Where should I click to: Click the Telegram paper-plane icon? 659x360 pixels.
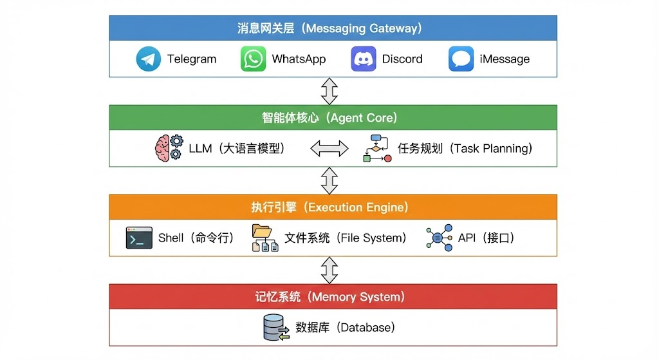tap(149, 59)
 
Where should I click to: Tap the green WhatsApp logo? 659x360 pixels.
tap(253, 59)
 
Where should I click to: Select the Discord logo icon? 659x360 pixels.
tap(363, 59)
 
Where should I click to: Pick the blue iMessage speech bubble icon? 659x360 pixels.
tap(461, 59)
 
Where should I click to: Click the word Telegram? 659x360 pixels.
tap(192, 59)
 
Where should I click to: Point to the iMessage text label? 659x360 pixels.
tap(505, 59)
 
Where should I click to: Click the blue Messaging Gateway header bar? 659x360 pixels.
tap(333, 28)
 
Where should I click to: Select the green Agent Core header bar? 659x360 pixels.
tap(333, 118)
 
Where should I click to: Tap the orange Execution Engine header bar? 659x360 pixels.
tap(333, 207)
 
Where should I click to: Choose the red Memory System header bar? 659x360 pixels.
tap(333, 297)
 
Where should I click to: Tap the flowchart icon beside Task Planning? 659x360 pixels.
tap(377, 148)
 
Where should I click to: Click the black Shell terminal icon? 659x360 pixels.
tap(139, 238)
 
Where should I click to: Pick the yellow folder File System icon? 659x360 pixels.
tap(265, 238)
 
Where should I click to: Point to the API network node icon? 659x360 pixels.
tap(439, 238)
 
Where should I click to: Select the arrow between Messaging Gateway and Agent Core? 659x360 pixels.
tap(329, 91)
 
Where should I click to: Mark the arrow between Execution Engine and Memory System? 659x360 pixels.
tap(329, 270)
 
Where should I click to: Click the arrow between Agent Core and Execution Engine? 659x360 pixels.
tap(329, 180)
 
